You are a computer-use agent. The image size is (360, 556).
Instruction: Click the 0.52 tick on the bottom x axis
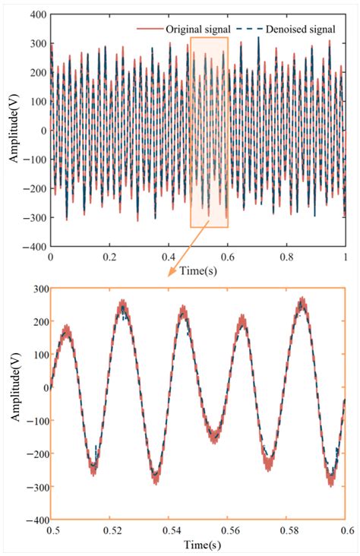pyautogui.click(x=109, y=529)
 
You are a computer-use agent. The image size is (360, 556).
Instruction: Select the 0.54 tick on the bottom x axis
pyautogui.click(x=168, y=529)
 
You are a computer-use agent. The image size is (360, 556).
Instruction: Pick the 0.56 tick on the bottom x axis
pyautogui.click(x=227, y=529)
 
